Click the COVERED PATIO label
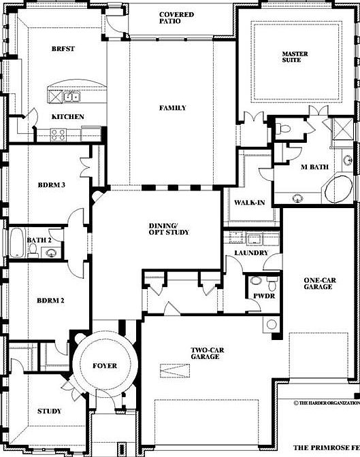[176, 18]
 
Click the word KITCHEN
[68, 116]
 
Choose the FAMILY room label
[172, 108]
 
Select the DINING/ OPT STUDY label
[169, 229]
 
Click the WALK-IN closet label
[249, 203]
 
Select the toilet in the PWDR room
[257, 280]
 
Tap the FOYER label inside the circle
[105, 366]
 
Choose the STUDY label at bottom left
[48, 411]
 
